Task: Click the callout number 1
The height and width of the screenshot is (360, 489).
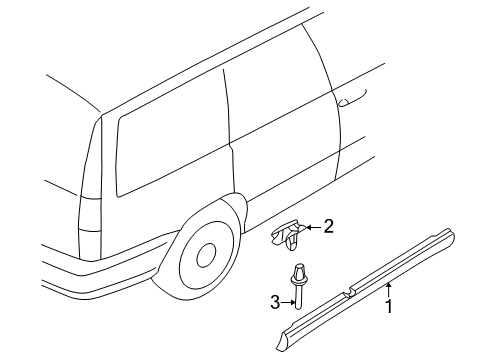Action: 389,306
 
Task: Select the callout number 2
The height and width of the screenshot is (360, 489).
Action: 329,226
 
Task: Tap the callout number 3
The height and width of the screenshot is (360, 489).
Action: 275,303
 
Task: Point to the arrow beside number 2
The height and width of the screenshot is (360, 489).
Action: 313,227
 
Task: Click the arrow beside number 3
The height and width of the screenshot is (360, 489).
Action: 288,303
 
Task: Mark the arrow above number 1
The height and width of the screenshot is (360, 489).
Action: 388,289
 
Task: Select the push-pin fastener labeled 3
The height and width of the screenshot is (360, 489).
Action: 298,286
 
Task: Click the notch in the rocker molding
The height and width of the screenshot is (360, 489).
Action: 349,292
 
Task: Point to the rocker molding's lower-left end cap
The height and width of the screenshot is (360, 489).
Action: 283,340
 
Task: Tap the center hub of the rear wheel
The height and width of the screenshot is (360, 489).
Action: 207,255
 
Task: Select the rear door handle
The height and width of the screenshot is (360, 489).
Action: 352,99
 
